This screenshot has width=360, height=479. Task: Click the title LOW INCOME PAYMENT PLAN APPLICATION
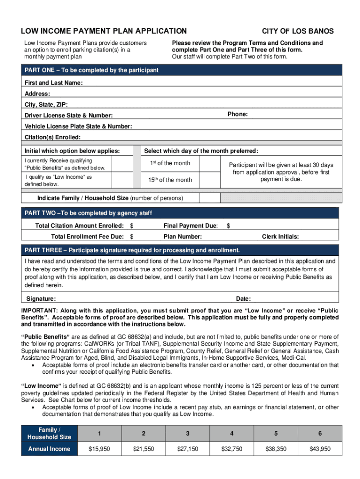(103, 31)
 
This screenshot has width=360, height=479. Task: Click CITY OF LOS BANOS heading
(297, 31)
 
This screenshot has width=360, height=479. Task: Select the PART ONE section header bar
(180, 70)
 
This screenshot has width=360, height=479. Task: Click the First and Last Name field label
(54, 83)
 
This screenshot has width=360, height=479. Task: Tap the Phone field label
(238, 115)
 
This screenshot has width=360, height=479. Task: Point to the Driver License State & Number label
(68, 116)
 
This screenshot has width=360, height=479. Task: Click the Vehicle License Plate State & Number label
(78, 126)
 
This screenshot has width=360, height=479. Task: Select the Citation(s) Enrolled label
(52, 137)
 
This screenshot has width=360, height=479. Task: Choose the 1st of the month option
(170, 163)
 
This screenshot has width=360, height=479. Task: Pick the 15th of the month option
(170, 180)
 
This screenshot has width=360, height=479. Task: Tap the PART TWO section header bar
(180, 213)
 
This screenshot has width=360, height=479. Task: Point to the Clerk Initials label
(280, 237)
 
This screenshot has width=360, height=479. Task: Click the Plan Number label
(183, 237)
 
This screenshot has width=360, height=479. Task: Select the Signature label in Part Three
(41, 299)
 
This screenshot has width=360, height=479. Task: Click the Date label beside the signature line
(243, 299)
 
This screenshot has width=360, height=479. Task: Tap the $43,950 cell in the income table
(320, 449)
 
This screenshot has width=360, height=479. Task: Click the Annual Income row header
(49, 449)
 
